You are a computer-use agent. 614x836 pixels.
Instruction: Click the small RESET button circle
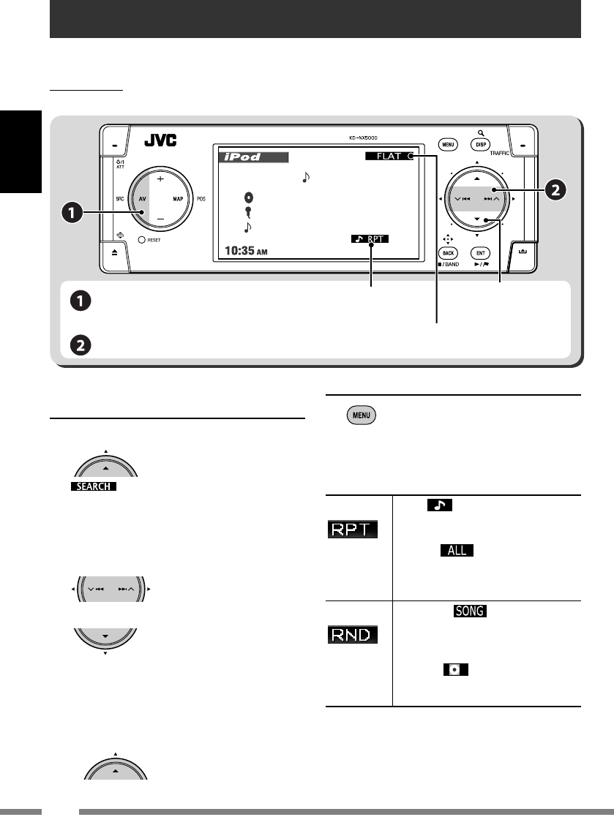[132, 240]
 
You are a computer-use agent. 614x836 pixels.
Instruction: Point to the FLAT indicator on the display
[387, 157]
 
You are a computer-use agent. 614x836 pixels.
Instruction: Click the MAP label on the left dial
[177, 198]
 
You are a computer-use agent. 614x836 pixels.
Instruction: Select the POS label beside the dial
[201, 198]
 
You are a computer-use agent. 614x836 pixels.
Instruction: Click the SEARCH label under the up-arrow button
[94, 487]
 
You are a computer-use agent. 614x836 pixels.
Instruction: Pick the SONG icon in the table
[470, 611]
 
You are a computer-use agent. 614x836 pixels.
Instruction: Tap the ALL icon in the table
[457, 549]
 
